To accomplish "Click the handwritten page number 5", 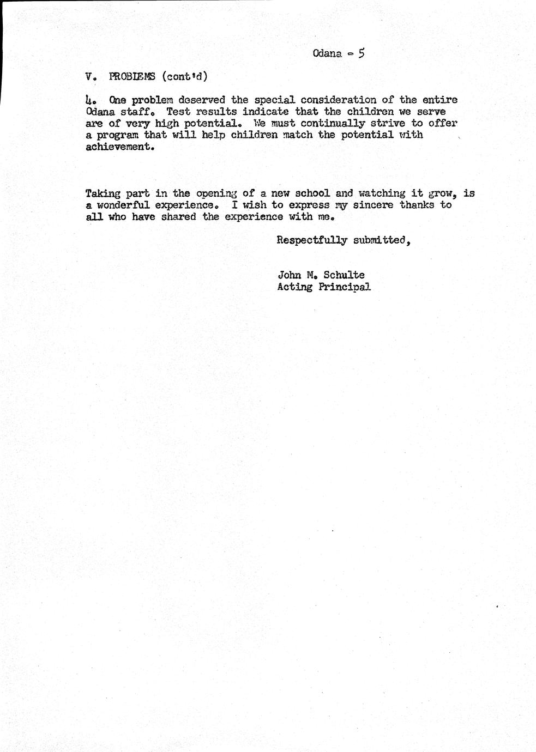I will tap(362, 53).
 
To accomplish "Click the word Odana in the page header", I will tap(327, 53).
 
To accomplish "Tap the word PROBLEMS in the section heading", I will tap(132, 76).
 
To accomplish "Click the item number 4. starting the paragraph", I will tap(91, 100).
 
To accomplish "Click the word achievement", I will tap(117, 147).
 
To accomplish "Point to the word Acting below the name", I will tap(294, 287).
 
